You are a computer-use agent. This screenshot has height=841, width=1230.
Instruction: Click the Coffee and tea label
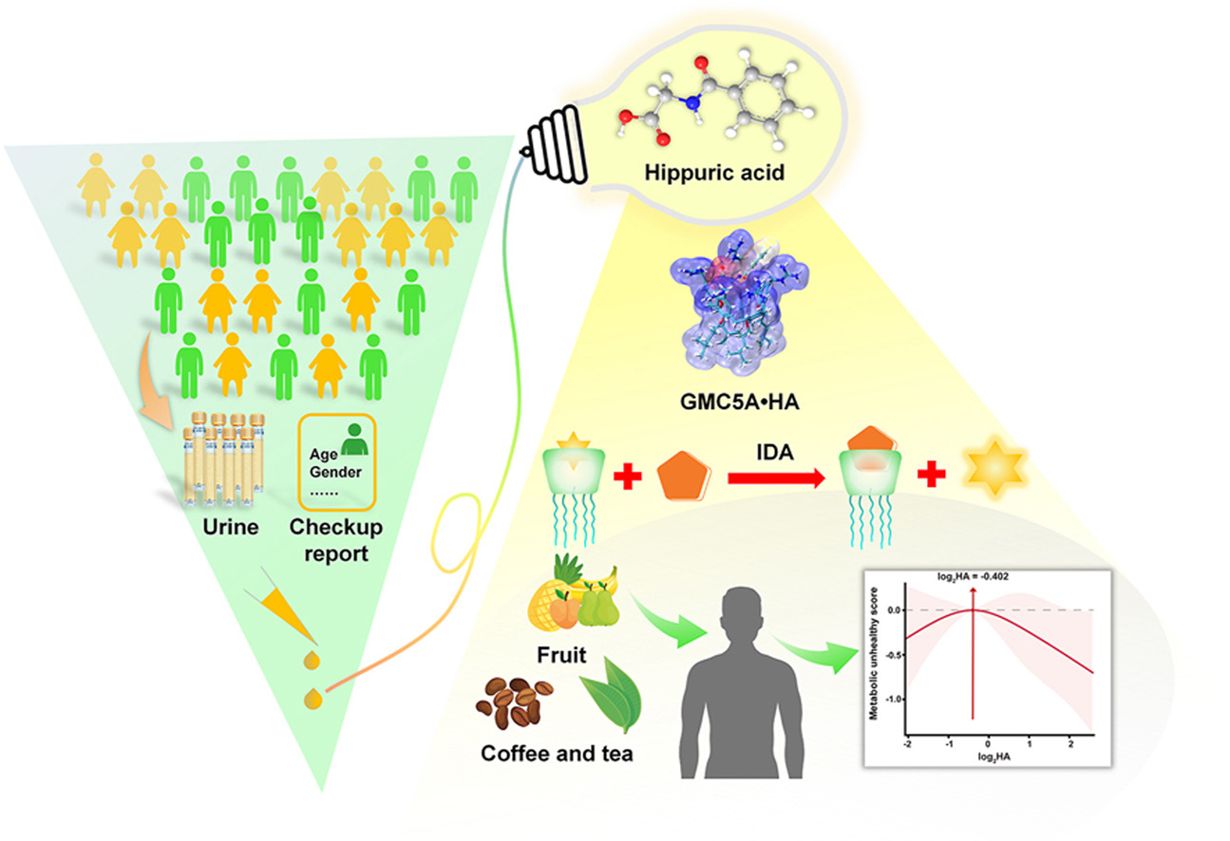[557, 756]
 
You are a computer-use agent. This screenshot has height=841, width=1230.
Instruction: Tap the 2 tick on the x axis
[1069, 746]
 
